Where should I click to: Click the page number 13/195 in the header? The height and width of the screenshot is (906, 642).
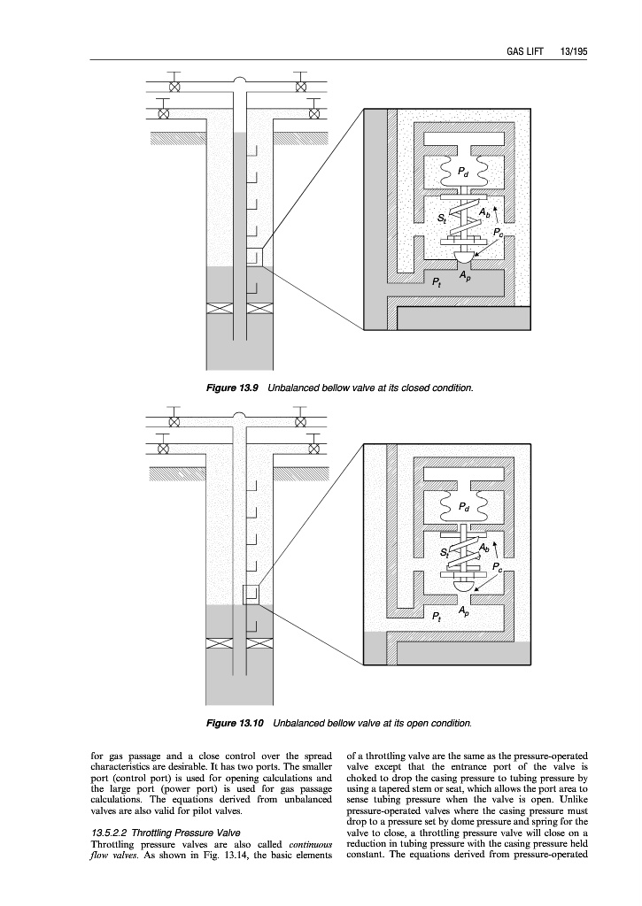(x=574, y=51)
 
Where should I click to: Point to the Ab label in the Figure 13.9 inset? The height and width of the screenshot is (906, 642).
(x=483, y=212)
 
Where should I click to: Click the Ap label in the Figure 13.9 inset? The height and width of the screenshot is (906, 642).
(x=465, y=276)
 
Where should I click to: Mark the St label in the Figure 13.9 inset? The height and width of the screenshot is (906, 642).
(x=442, y=216)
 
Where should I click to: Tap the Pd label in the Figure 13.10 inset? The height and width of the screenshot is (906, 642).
(x=466, y=508)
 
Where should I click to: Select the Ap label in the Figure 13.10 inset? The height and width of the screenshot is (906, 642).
(x=465, y=611)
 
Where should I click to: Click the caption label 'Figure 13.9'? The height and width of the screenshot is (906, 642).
(x=233, y=389)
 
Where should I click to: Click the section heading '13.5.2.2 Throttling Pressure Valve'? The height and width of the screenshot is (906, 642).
(x=166, y=833)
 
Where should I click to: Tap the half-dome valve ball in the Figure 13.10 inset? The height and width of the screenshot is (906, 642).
(x=464, y=585)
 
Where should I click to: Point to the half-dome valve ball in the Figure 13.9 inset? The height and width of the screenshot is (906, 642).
(x=464, y=257)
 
